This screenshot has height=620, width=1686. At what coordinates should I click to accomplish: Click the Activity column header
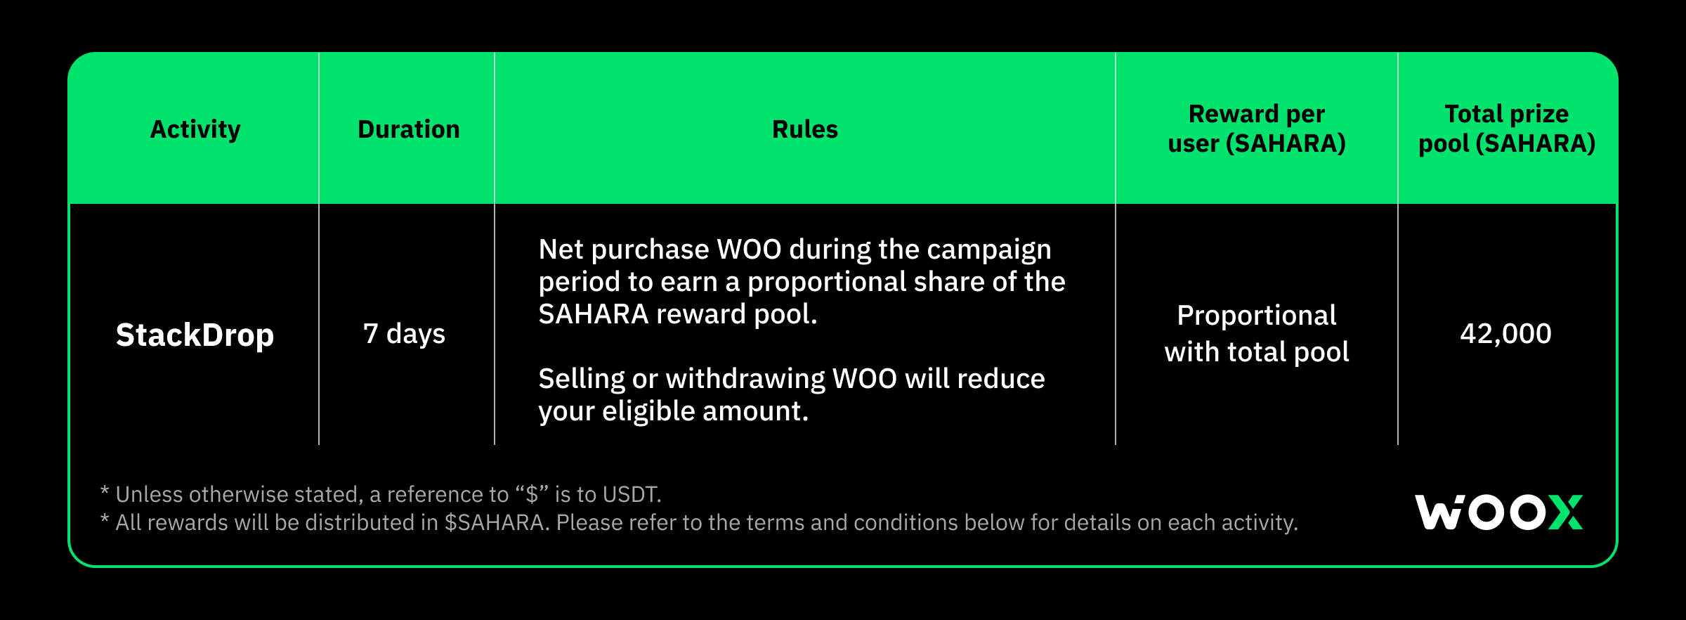[195, 129]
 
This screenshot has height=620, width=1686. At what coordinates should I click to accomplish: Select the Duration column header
[408, 129]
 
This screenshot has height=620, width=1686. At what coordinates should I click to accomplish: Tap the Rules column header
[804, 129]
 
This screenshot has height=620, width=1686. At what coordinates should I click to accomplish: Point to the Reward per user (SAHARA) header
[1256, 129]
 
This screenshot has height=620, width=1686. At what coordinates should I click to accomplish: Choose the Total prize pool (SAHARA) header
[1506, 129]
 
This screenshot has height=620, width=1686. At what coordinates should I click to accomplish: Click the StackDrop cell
[195, 335]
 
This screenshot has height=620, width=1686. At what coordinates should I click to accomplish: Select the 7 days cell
[404, 334]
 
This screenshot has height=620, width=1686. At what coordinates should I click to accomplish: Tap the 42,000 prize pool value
[1505, 334]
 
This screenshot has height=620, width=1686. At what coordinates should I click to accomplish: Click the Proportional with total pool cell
[1256, 334]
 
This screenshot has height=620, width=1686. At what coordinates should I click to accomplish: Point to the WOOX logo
[1498, 512]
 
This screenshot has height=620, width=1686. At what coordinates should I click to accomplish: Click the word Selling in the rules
[582, 380]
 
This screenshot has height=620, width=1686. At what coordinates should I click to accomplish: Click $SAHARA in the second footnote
[495, 523]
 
